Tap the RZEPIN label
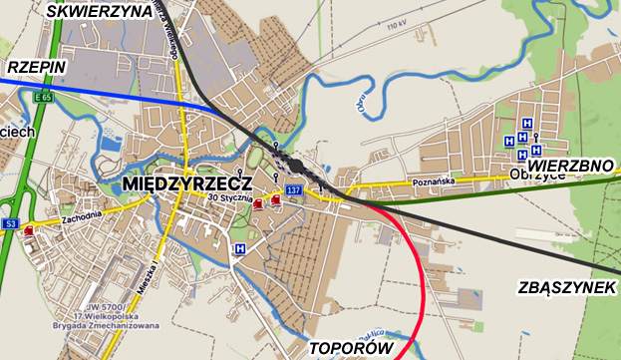point(36,67)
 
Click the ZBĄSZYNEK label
point(567,288)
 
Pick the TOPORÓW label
point(348,348)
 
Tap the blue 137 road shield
point(293,189)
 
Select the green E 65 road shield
point(42,98)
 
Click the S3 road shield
point(10,224)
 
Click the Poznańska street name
point(433,182)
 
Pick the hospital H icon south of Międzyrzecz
point(239,248)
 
